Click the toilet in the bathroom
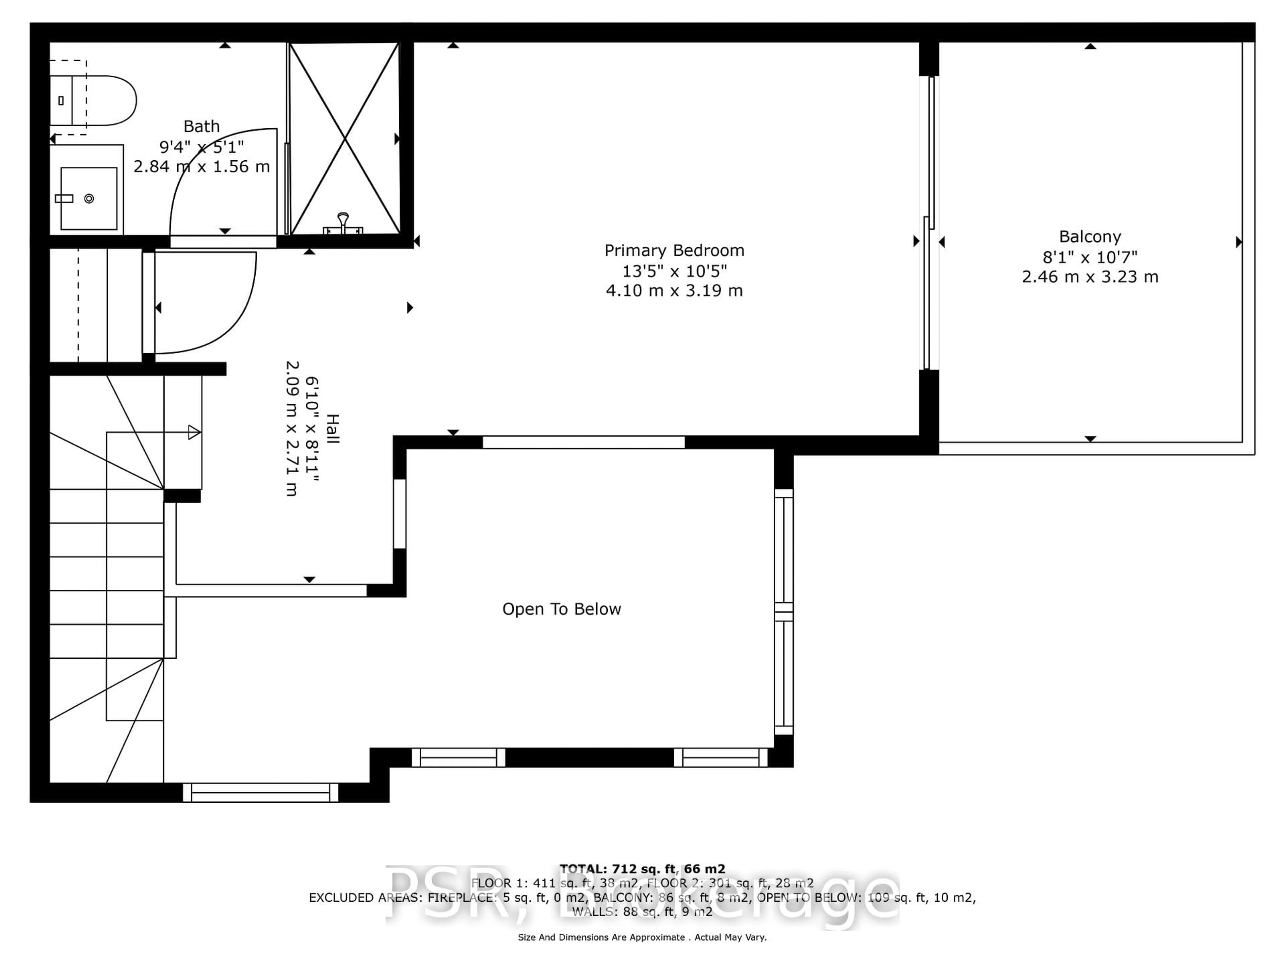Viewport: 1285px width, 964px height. pos(99,100)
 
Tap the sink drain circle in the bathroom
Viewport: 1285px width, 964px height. pos(89,199)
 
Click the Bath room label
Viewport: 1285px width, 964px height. pos(201,126)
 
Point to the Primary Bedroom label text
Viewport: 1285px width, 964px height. pos(674,250)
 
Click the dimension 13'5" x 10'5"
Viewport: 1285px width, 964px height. pos(674,271)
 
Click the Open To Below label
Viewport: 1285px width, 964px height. pos(561,609)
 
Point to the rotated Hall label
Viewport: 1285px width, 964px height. pos(332,429)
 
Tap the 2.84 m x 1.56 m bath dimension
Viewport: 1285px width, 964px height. pos(201,167)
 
